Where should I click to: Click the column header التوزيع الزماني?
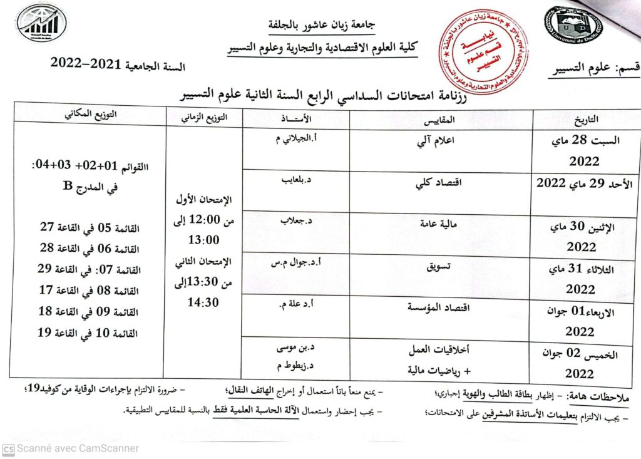coord(206,118)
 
